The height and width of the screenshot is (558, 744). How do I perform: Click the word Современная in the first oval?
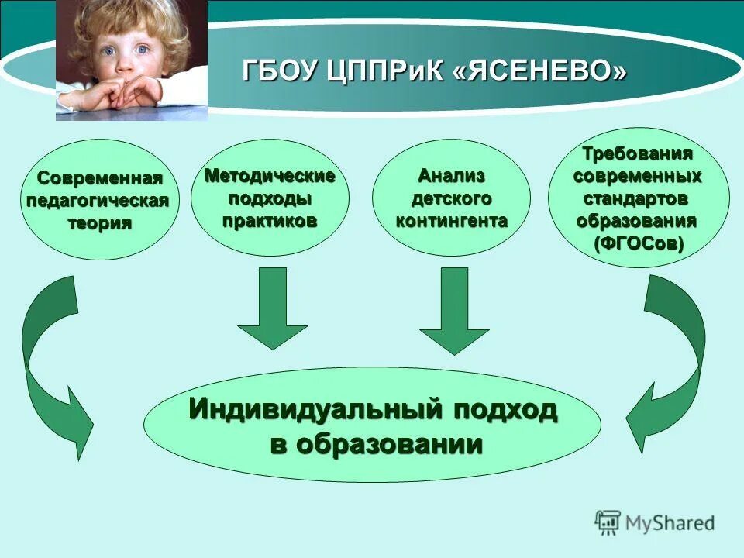pyautogui.click(x=101, y=179)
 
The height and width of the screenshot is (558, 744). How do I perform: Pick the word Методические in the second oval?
pyautogui.click(x=270, y=176)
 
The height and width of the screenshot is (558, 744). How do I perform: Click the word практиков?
pyautogui.click(x=270, y=220)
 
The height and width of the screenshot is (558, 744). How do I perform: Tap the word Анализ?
pyautogui.click(x=452, y=176)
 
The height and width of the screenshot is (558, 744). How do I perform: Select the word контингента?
pyautogui.click(x=452, y=220)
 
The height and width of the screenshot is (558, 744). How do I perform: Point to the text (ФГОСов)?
pyautogui.click(x=639, y=243)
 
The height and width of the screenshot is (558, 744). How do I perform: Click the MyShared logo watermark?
pyautogui.click(x=655, y=522)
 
